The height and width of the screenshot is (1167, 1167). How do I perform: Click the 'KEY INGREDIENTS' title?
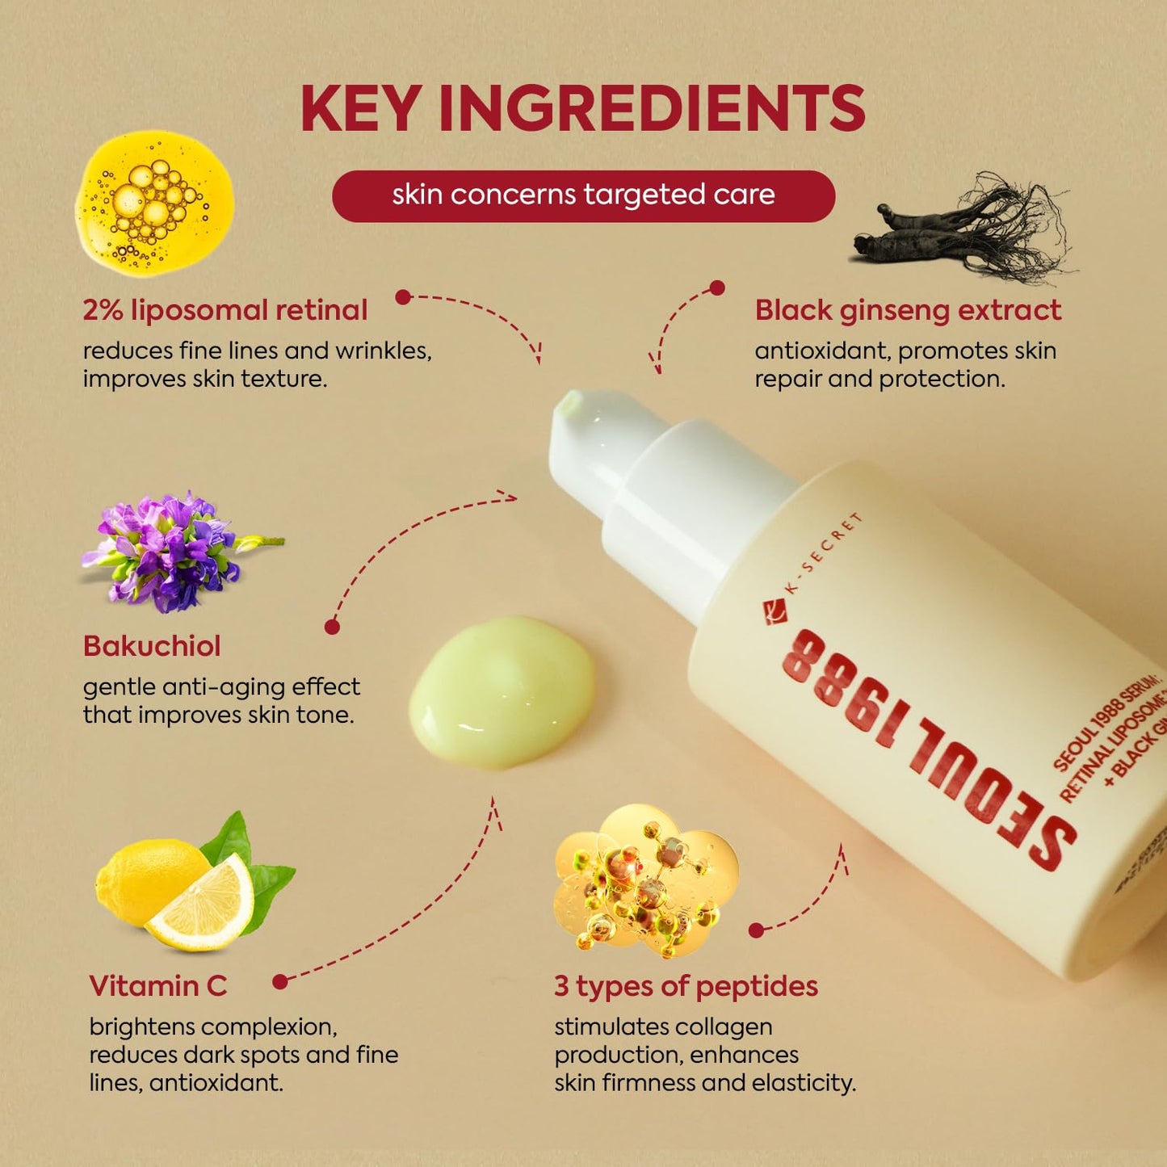[582, 109]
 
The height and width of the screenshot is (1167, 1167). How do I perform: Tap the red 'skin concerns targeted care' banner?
[583, 195]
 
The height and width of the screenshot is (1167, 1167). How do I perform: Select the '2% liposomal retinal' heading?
[225, 310]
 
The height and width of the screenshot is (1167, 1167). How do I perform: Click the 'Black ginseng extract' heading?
[908, 310]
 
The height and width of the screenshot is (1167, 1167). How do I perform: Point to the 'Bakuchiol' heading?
[152, 646]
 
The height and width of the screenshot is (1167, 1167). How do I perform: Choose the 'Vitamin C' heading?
[158, 986]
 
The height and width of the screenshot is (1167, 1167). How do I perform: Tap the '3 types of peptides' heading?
[686, 986]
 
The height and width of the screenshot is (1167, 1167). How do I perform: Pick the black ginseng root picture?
[961, 230]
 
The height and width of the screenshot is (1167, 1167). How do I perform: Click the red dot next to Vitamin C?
[280, 982]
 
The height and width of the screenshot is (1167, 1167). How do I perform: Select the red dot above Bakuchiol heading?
[332, 627]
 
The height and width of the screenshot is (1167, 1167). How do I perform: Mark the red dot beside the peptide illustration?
[756, 930]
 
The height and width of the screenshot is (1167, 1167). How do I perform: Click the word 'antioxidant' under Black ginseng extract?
[822, 351]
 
